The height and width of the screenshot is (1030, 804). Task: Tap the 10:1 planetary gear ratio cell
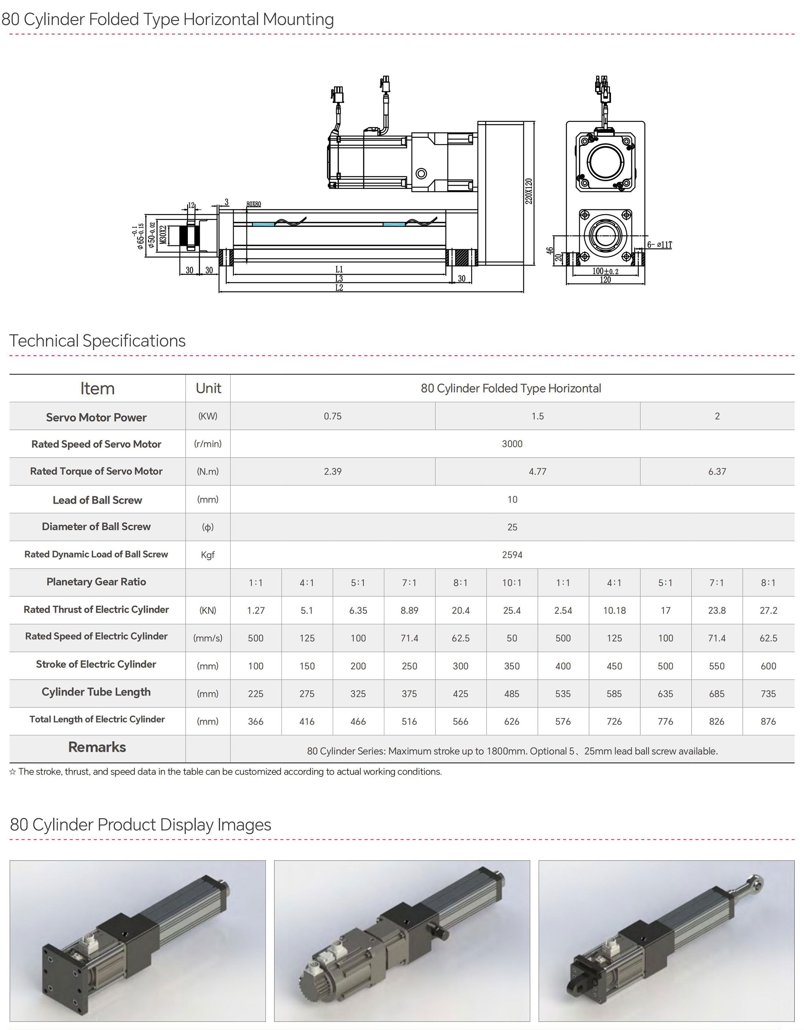pyautogui.click(x=512, y=583)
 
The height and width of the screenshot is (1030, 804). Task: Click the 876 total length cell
pyautogui.click(x=768, y=722)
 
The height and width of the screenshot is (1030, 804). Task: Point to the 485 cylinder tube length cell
pyautogui.click(x=512, y=694)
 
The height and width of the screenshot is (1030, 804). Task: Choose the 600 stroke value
pyautogui.click(x=768, y=666)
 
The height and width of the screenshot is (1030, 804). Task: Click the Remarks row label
pyautogui.click(x=97, y=747)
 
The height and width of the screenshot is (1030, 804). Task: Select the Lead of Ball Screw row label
pyautogui.click(x=97, y=500)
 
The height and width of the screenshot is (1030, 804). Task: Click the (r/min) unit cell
pyautogui.click(x=208, y=444)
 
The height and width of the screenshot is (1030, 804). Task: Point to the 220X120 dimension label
pyautogui.click(x=529, y=191)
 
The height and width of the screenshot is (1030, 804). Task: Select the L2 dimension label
pyautogui.click(x=339, y=288)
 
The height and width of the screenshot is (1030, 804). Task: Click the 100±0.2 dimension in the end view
pyautogui.click(x=605, y=271)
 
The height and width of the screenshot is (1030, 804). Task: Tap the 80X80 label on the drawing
pyautogui.click(x=254, y=204)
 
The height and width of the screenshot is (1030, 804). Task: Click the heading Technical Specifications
pyautogui.click(x=98, y=341)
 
